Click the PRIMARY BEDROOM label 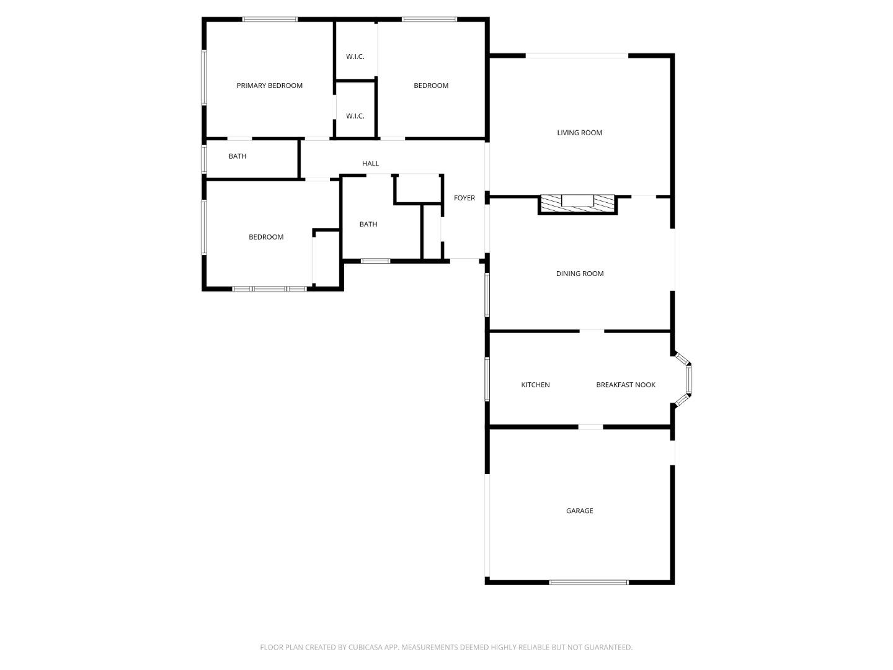(x=269, y=86)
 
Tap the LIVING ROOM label (x=579, y=132)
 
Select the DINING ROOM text (x=579, y=274)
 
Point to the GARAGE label (x=579, y=511)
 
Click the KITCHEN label (x=535, y=385)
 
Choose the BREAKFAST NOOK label (x=626, y=385)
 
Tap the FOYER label (x=464, y=198)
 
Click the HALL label (x=370, y=164)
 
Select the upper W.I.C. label (x=355, y=56)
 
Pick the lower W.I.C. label (x=355, y=116)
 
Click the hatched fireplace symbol (x=577, y=201)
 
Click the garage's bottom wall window (x=589, y=582)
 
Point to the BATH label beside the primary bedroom (x=238, y=156)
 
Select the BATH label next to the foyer (x=368, y=225)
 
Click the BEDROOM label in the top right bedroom (x=431, y=86)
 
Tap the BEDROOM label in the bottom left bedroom (x=266, y=237)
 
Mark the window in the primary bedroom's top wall (x=270, y=19)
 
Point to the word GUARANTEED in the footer (x=606, y=647)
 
